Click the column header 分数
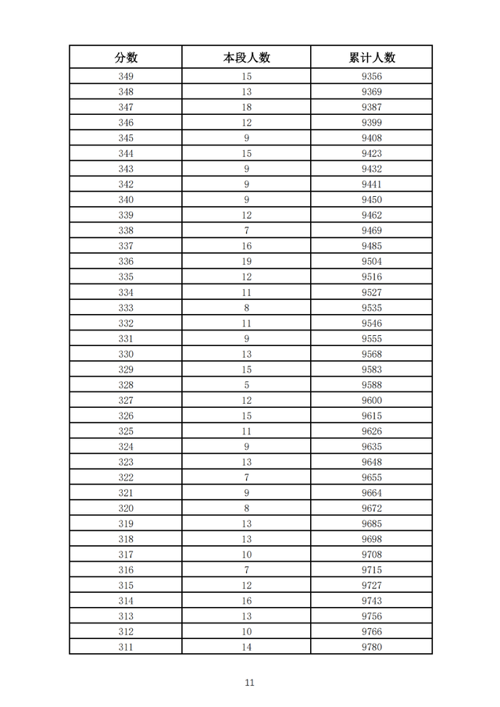click(126, 57)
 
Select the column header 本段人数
click(246, 57)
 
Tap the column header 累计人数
click(371, 57)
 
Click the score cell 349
click(126, 77)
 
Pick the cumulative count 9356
click(371, 77)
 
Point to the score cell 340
click(126, 200)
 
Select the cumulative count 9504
click(371, 262)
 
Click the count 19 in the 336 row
click(246, 262)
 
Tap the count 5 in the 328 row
click(246, 385)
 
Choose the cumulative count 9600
click(371, 401)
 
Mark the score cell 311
click(126, 647)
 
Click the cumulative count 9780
click(371, 647)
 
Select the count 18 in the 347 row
click(246, 107)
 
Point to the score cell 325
click(126, 431)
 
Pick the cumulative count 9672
click(371, 509)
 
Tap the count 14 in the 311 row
click(246, 647)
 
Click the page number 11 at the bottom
click(249, 683)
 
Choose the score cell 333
click(126, 308)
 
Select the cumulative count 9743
click(371, 601)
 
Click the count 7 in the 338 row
click(246, 230)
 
